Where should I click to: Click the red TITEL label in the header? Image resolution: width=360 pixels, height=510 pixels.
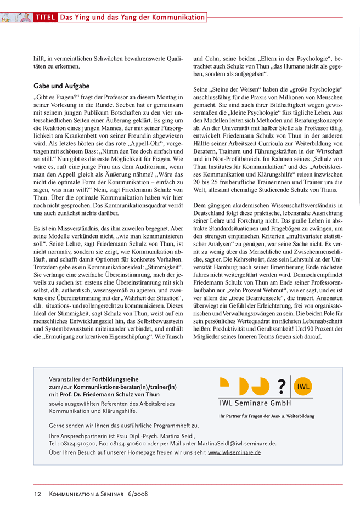click(x=45, y=18)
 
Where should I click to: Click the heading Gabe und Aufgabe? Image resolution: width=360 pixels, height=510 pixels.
click(x=61, y=86)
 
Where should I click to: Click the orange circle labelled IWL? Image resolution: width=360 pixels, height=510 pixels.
click(x=303, y=386)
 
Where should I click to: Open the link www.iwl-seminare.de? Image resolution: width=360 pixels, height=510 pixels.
click(x=234, y=452)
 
